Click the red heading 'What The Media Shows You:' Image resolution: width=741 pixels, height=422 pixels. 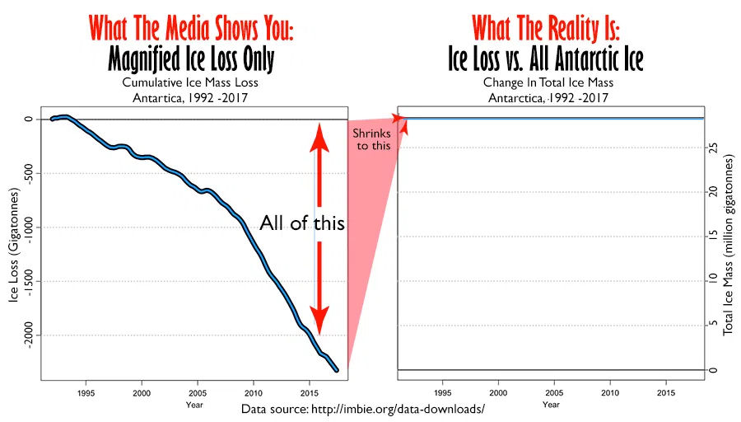[191, 28]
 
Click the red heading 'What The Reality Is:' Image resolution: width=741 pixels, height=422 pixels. [545, 28]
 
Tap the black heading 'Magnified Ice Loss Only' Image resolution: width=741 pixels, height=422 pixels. [191, 59]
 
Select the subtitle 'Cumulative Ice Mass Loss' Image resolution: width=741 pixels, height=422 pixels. [191, 82]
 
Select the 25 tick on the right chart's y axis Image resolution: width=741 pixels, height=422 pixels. [714, 148]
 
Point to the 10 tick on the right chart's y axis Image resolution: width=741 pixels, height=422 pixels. [714, 281]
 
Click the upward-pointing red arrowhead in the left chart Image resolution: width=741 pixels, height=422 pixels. [320, 141]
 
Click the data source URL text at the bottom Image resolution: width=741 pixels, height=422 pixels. [362, 409]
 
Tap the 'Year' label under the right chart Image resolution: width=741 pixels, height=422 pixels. [552, 404]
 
